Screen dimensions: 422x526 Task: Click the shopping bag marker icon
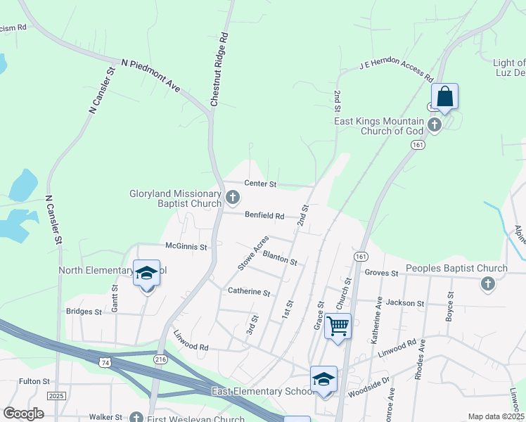[444, 97]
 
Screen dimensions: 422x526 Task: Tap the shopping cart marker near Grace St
[338, 326]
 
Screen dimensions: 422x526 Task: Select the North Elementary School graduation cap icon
[147, 274]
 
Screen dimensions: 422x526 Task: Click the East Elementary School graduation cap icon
[323, 379]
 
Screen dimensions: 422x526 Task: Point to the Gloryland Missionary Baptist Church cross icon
[233, 200]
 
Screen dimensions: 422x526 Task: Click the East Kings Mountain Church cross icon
[435, 125]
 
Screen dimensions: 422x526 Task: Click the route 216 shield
[160, 359]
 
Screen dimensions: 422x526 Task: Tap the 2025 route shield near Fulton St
[56, 396]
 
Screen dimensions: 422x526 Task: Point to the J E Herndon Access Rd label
[395, 72]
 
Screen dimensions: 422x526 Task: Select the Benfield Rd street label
[264, 216]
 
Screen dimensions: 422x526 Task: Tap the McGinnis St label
[186, 247]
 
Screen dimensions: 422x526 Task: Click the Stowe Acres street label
[252, 253]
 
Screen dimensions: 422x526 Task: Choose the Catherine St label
[248, 291]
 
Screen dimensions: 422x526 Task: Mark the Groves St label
[382, 273]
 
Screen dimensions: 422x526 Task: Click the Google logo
[23, 414]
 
